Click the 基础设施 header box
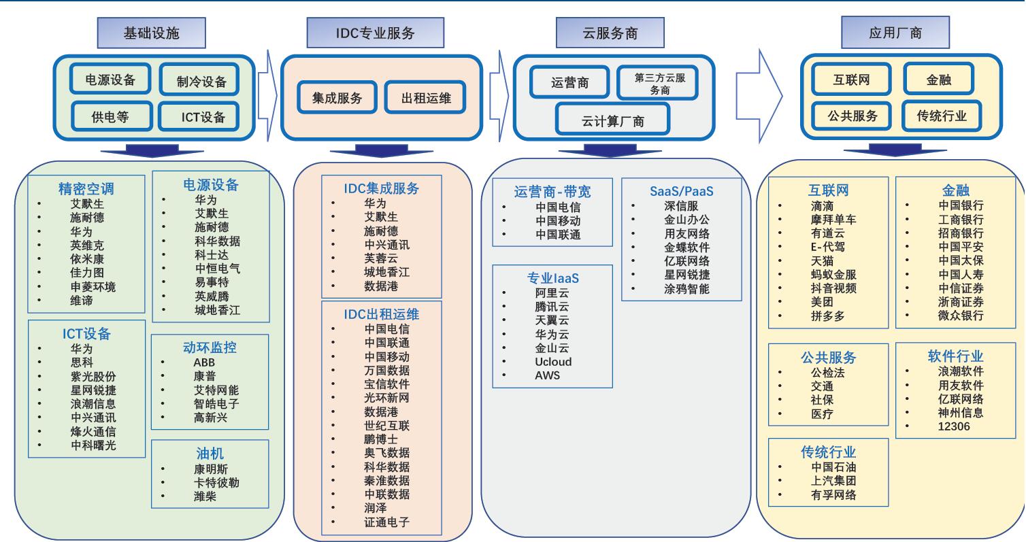pyautogui.click(x=152, y=33)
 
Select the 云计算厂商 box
pyautogui.click(x=612, y=121)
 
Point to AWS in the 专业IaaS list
pyautogui.click(x=548, y=375)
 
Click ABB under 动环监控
pyautogui.click(x=204, y=362)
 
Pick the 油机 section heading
pyautogui.click(x=210, y=452)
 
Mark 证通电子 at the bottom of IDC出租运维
pyautogui.click(x=386, y=522)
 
